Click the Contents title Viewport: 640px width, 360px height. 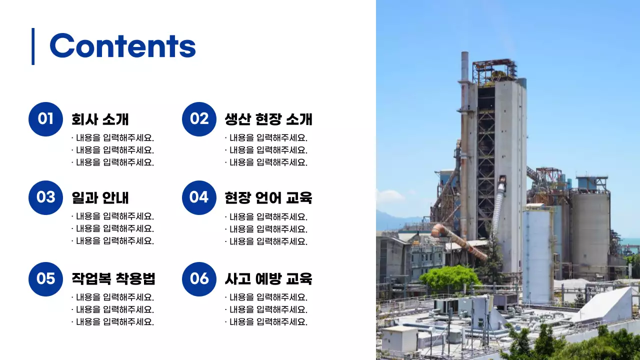[122, 46]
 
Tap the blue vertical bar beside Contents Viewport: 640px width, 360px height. [33, 46]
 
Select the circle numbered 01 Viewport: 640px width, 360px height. [45, 119]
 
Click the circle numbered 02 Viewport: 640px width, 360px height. [199, 119]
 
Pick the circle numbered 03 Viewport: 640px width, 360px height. [45, 197]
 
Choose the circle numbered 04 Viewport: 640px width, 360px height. [199, 197]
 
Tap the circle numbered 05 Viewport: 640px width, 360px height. [45, 278]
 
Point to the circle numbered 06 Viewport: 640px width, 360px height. [199, 278]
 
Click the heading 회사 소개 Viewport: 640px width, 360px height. [100, 119]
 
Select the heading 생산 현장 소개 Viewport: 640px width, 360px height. [268, 119]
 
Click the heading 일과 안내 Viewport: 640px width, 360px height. [100, 198]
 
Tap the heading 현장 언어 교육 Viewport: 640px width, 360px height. [268, 198]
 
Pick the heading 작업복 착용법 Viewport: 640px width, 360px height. [113, 278]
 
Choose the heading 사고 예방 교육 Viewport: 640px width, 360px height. [268, 278]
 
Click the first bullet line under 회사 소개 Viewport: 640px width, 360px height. [113, 138]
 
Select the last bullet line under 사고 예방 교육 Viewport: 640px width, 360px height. [266, 322]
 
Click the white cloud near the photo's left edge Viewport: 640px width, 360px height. [389, 196]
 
